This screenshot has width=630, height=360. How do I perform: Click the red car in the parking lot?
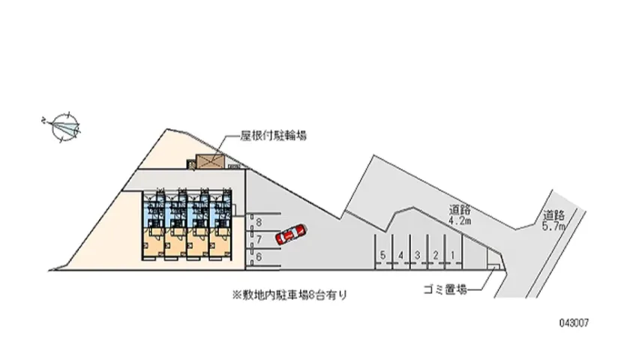290,235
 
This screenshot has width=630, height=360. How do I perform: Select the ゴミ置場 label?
444,289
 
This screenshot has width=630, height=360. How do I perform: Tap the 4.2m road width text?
460,221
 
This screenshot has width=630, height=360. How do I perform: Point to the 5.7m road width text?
556,226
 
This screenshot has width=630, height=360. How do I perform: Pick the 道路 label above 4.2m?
460,210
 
